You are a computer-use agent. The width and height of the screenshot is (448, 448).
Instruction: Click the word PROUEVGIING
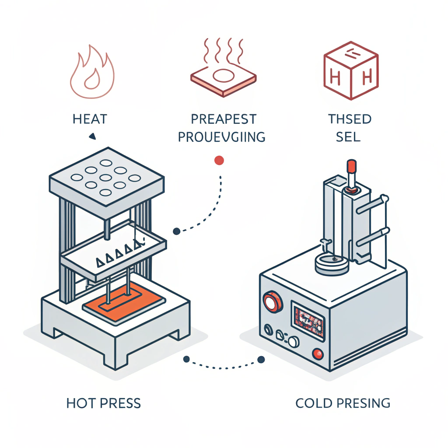pyautogui.click(x=221, y=137)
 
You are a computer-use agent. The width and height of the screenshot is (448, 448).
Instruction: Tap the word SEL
pyautogui.click(x=348, y=137)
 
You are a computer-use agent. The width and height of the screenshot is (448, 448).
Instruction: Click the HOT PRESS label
pyautogui.click(x=104, y=403)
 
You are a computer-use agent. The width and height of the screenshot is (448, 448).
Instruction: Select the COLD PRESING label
pyautogui.click(x=343, y=403)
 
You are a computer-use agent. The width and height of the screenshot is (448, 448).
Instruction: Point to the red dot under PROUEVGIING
pyautogui.click(x=219, y=161)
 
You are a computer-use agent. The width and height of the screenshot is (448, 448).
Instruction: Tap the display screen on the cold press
pyautogui.click(x=309, y=318)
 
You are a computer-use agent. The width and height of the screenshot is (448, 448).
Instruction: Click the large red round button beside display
pyautogui.click(x=271, y=302)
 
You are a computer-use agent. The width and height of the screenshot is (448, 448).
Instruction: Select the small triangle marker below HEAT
pyautogui.click(x=92, y=137)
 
